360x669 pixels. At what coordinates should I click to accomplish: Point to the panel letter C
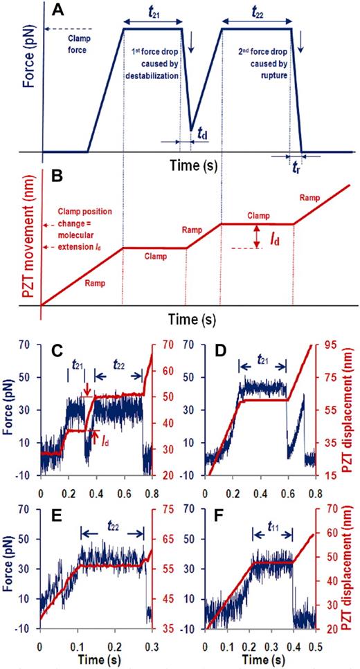point(60,349)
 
